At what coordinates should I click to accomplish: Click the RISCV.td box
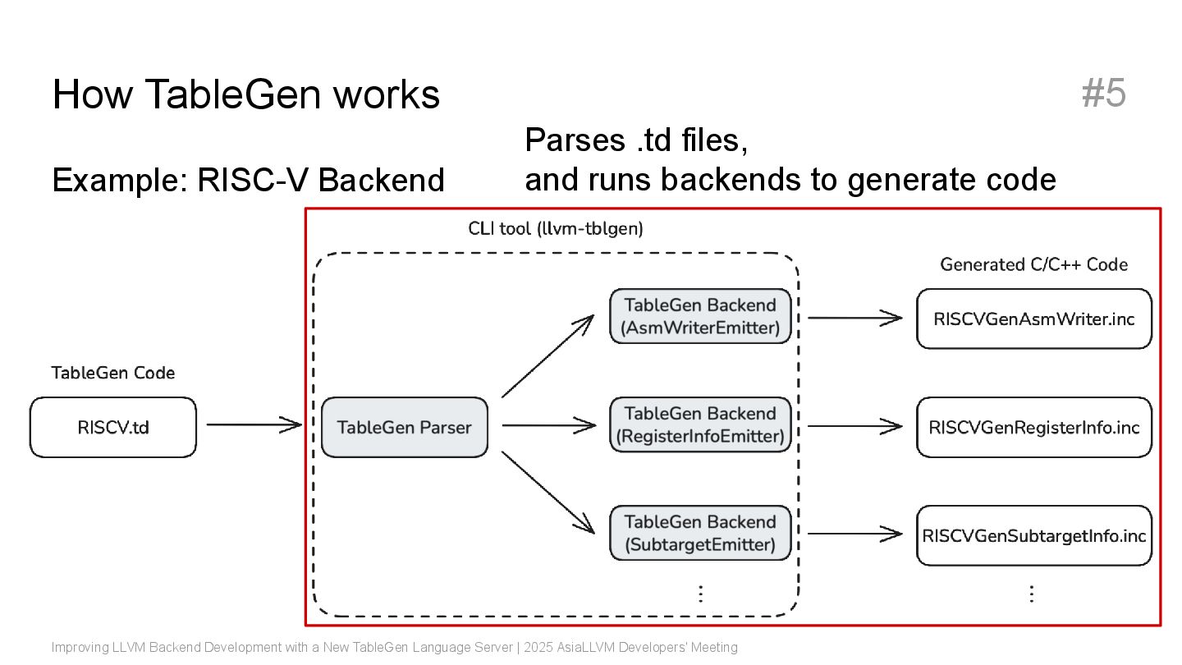pos(113,427)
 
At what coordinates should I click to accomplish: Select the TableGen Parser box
pos(404,427)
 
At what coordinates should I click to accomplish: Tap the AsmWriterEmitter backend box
pos(700,316)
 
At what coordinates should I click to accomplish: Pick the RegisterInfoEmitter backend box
pos(700,425)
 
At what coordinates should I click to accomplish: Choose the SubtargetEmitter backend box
pos(700,533)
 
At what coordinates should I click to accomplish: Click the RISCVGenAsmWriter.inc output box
pos(1033,319)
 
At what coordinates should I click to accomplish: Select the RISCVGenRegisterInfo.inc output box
pos(1033,427)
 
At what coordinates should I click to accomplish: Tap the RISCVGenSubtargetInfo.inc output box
pos(1033,535)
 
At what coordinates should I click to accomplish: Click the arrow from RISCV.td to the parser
pos(254,424)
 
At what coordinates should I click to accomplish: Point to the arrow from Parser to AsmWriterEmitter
pos(547,356)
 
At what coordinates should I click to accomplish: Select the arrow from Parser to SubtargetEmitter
pos(547,493)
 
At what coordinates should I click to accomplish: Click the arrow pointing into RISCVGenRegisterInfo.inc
pos(854,426)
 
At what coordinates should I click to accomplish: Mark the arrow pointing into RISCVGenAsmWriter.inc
pos(854,318)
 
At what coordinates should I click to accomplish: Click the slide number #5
pos(1103,93)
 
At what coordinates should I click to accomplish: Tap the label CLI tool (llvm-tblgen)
pos(556,228)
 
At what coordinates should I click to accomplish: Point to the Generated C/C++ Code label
pos(1033,264)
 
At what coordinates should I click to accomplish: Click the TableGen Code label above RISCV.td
pos(113,373)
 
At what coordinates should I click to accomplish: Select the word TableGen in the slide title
pos(233,94)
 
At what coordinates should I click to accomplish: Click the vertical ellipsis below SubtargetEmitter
pos(701,594)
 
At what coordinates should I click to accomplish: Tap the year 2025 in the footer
pos(538,647)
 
